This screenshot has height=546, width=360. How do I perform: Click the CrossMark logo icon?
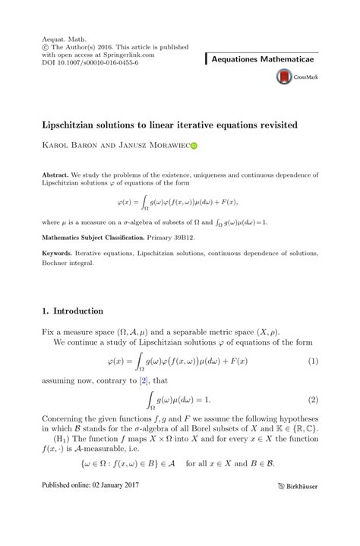tap(284, 77)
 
